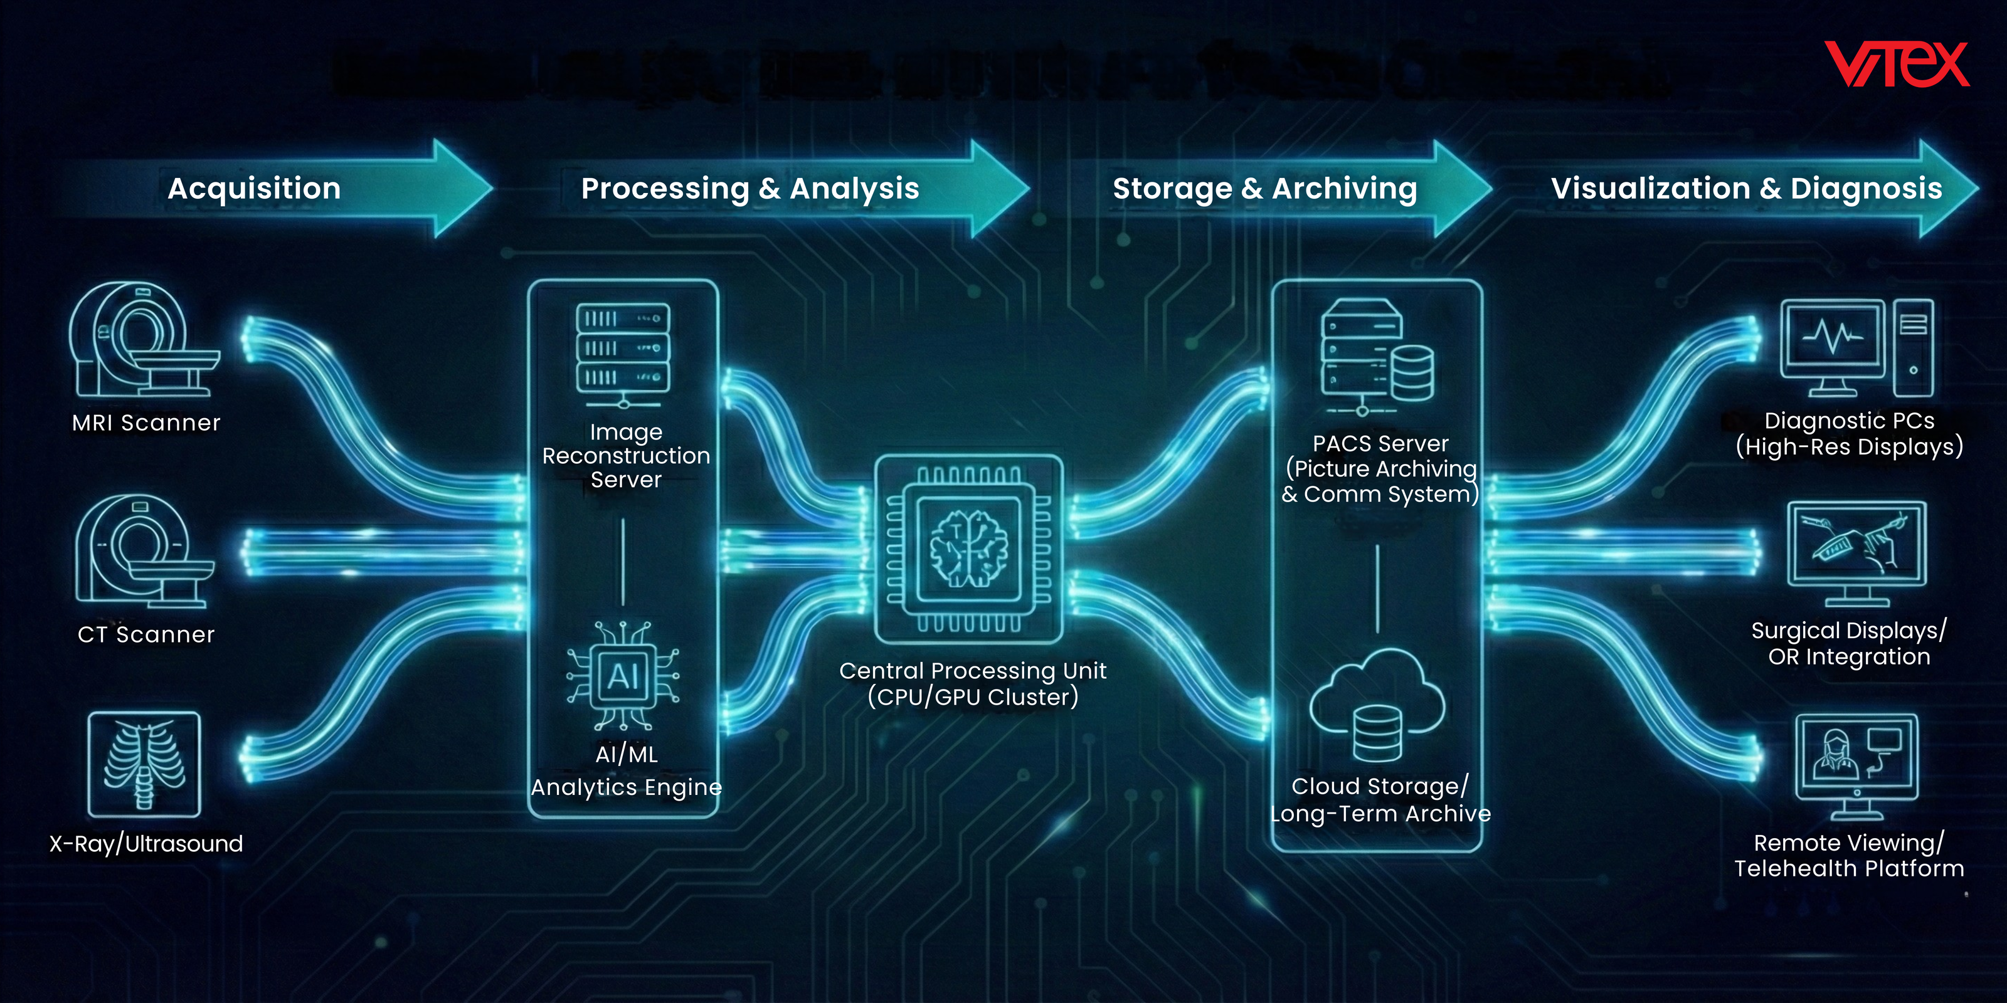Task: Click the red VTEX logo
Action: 1897,64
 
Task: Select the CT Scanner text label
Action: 146,634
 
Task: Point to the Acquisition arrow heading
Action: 254,189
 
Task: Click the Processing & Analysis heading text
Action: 749,189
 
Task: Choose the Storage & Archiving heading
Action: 1264,189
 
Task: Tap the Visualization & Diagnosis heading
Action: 1746,189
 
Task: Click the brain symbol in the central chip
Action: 969,549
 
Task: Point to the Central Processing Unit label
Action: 972,683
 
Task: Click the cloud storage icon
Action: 1377,705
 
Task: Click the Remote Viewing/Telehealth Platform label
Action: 1849,855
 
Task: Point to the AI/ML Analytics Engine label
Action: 627,770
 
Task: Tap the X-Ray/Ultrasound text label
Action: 146,843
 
